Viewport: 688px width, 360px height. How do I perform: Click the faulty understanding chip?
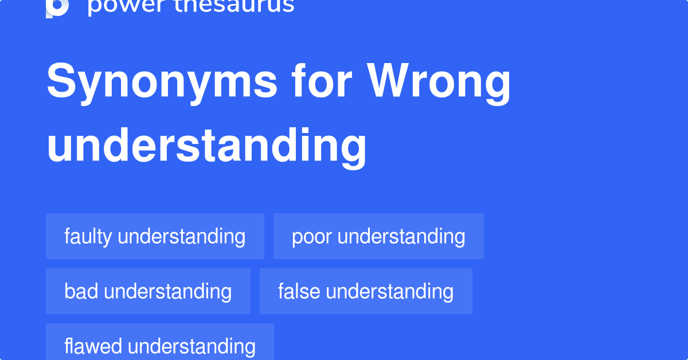pos(155,236)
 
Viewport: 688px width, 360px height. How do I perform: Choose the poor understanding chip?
pos(378,236)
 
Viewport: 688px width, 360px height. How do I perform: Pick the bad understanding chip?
pos(148,291)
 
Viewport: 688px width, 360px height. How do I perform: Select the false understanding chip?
pos(366,291)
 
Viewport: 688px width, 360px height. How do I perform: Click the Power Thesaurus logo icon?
pos(57,7)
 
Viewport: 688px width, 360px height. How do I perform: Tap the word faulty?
pos(88,236)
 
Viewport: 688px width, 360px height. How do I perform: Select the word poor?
pos(312,236)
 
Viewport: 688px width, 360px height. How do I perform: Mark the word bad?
pos(81,291)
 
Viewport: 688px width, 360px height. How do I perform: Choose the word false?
pos(299,291)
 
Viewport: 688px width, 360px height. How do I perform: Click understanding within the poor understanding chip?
pos(401,236)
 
